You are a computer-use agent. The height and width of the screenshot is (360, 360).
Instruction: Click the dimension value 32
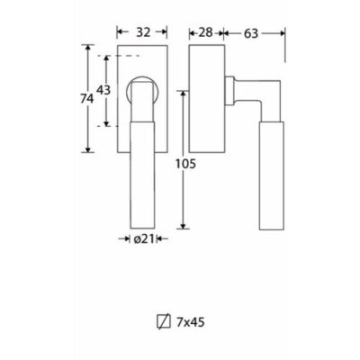pyautogui.click(x=143, y=32)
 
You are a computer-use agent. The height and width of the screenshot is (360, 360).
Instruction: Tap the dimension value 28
pyautogui.click(x=206, y=32)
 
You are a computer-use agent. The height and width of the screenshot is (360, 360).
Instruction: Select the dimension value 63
pyautogui.click(x=251, y=33)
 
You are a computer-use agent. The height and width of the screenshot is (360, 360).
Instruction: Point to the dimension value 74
pyautogui.click(x=87, y=99)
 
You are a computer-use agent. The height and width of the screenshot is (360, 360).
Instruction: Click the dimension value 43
pyautogui.click(x=103, y=90)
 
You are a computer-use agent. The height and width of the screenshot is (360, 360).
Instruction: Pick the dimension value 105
pyautogui.click(x=185, y=164)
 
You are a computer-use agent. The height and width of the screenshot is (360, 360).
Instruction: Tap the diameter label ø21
pyautogui.click(x=143, y=239)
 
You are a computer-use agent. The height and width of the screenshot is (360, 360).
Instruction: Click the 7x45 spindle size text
pyautogui.click(x=191, y=322)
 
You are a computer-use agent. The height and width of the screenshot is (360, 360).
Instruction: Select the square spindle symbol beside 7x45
pyautogui.click(x=164, y=322)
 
